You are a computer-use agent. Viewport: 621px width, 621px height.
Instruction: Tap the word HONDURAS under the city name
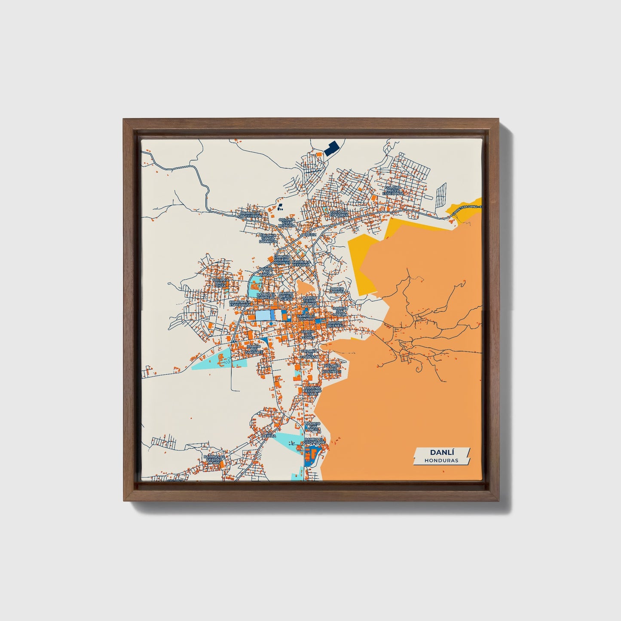tap(441, 460)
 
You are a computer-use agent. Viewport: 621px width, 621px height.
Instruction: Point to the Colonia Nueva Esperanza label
tap(393, 191)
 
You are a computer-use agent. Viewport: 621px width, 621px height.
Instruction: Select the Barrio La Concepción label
tap(250, 214)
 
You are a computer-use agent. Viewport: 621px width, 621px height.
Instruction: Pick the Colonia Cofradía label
tap(339, 214)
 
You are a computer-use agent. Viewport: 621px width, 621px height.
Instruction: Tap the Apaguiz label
tap(309, 235)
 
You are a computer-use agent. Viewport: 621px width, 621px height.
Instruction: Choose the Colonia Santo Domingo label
tap(268, 239)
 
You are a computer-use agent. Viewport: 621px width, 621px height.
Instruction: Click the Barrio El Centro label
tap(306, 317)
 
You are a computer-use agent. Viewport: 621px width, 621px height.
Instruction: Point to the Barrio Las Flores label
tap(308, 335)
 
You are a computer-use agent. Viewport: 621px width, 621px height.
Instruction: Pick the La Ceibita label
tap(269, 435)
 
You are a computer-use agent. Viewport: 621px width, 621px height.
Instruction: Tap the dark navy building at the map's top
tap(331, 149)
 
